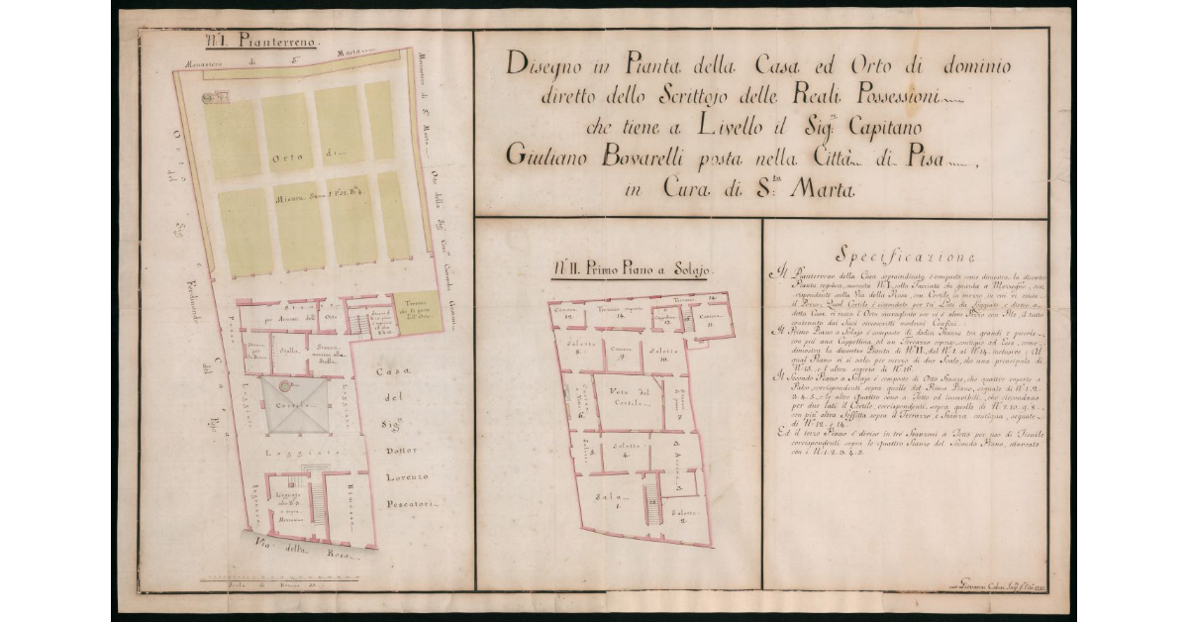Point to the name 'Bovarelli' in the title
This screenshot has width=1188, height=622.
652,155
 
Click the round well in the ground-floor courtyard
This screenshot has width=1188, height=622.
285,385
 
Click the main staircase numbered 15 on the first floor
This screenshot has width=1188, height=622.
652,508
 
